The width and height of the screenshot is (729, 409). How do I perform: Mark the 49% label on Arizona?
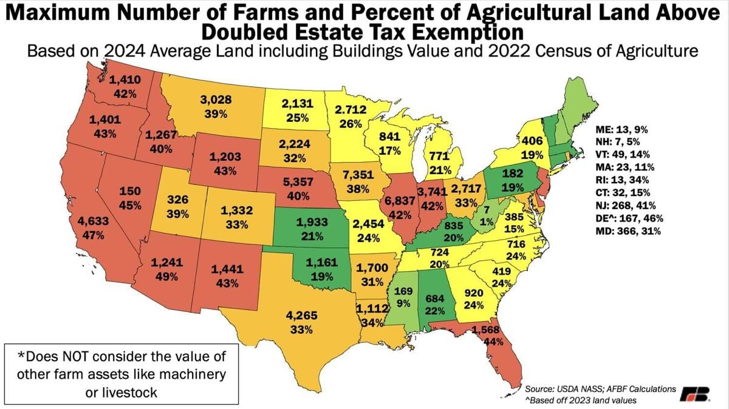coord(166,276)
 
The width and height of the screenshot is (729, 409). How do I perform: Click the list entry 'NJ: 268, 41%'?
coord(635,205)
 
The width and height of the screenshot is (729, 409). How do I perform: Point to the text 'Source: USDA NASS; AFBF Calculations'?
coord(601,388)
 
